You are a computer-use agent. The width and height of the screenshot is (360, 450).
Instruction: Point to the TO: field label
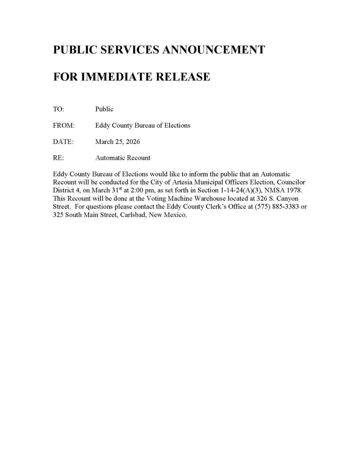(x=58, y=109)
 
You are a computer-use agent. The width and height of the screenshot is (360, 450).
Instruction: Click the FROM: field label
(x=64, y=125)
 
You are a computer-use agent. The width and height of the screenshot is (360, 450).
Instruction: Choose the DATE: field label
(x=63, y=142)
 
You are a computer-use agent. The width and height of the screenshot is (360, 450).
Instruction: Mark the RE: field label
(x=58, y=158)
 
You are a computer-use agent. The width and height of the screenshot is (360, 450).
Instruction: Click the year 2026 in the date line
(x=133, y=142)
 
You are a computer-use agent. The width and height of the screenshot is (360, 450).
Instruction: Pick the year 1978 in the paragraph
(x=294, y=190)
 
